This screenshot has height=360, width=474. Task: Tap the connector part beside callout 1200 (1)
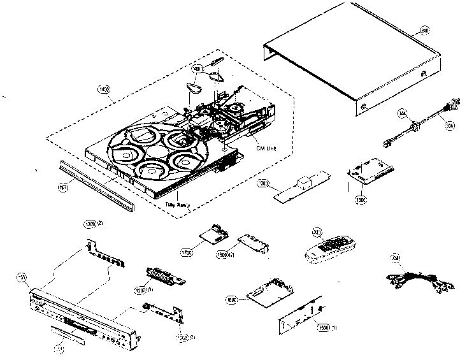(x=164, y=277)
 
